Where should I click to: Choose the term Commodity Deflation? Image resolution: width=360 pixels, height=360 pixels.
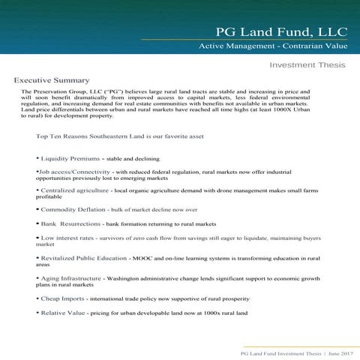click(x=72, y=209)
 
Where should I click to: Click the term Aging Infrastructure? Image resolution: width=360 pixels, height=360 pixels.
click(x=70, y=278)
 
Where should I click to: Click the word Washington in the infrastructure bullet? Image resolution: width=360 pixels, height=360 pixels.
click(x=122, y=278)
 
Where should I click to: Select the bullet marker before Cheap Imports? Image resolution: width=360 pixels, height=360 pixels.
click(x=37, y=298)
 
